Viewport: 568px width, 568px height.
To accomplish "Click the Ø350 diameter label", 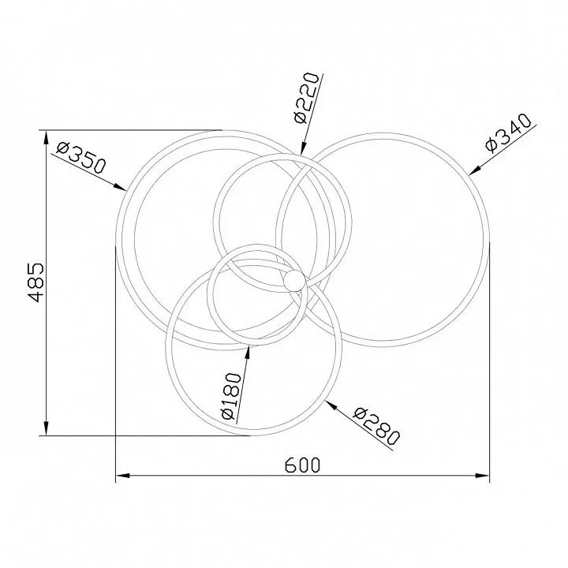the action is click(82, 157).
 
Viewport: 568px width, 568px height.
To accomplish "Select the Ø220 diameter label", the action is click(307, 98).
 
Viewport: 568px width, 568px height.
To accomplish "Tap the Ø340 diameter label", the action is click(509, 133).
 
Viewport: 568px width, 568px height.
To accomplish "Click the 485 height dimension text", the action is click(36, 282).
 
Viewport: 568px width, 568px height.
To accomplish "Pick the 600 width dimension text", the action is click(302, 465).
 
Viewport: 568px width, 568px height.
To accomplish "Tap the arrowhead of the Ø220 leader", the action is click(303, 148).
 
